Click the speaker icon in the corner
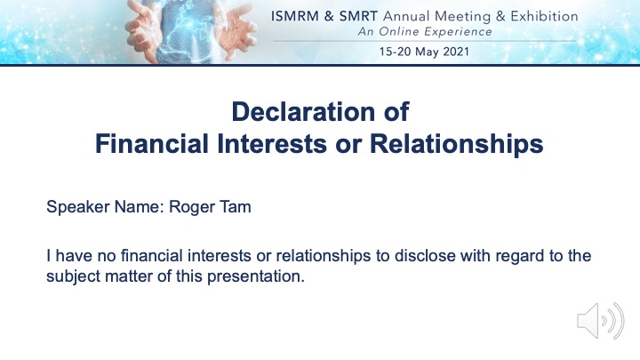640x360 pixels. pyautogui.click(x=600, y=321)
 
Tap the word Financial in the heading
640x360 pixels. pyautogui.click(x=152, y=144)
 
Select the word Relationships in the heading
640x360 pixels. pyautogui.click(x=456, y=145)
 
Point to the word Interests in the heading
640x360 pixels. pyautogui.click(x=272, y=144)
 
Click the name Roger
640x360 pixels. pyautogui.click(x=191, y=207)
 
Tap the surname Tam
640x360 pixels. pyautogui.click(x=236, y=206)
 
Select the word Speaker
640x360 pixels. pyautogui.click(x=78, y=207)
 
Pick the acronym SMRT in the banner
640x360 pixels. pyautogui.click(x=358, y=16)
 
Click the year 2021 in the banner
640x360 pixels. pyautogui.click(x=456, y=52)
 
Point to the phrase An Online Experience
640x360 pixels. pyautogui.click(x=425, y=32)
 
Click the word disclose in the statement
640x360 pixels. pyautogui.click(x=425, y=256)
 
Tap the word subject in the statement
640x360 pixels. pyautogui.click(x=73, y=276)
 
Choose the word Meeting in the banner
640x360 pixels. pyautogui.click(x=462, y=17)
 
